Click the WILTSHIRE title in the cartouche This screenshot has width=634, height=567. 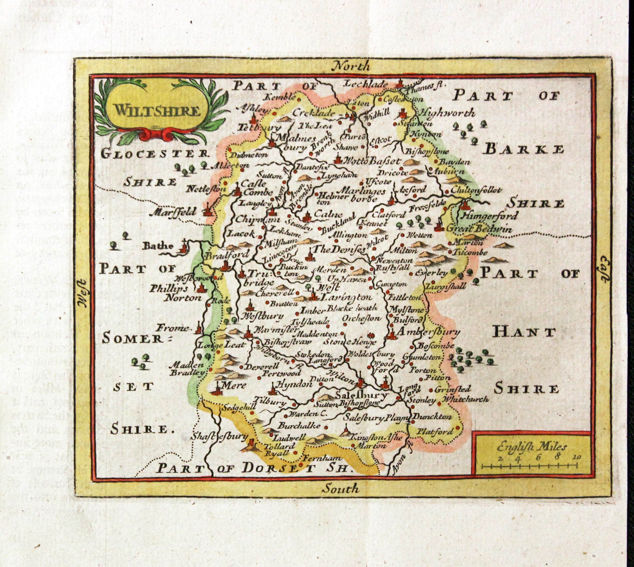point(157,111)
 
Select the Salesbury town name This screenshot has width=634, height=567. point(361,395)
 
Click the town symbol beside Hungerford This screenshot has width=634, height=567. point(465,205)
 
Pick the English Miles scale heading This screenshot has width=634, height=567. point(532,447)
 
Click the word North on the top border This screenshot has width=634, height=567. point(350,66)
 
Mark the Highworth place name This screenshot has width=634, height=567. point(447,113)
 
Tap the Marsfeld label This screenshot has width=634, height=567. point(173,212)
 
